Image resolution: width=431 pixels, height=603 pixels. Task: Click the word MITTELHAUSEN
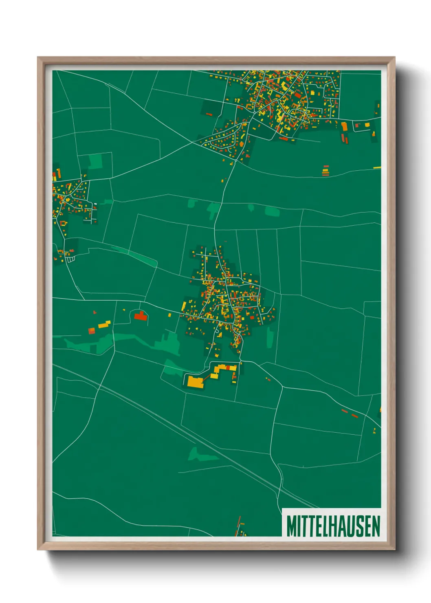(x=333, y=526)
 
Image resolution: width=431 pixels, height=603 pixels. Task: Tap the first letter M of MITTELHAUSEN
(x=291, y=526)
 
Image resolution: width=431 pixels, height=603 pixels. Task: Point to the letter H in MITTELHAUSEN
(x=336, y=526)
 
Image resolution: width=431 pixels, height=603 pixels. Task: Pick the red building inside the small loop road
(x=140, y=315)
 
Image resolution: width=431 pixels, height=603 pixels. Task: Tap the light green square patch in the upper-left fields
(x=95, y=161)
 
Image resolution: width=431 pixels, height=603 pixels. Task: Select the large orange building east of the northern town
(x=345, y=127)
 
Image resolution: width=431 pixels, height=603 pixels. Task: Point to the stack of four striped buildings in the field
(x=325, y=171)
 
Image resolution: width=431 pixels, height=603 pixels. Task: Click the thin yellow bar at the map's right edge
(x=377, y=167)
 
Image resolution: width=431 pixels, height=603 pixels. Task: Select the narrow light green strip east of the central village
(x=270, y=337)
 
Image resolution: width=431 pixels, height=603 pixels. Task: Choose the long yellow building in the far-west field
(x=104, y=324)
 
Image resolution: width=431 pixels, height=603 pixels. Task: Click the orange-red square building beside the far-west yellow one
(x=92, y=330)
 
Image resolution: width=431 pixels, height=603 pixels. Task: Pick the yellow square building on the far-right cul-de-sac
(x=367, y=125)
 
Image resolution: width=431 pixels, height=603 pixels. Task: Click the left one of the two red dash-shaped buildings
(x=345, y=411)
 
